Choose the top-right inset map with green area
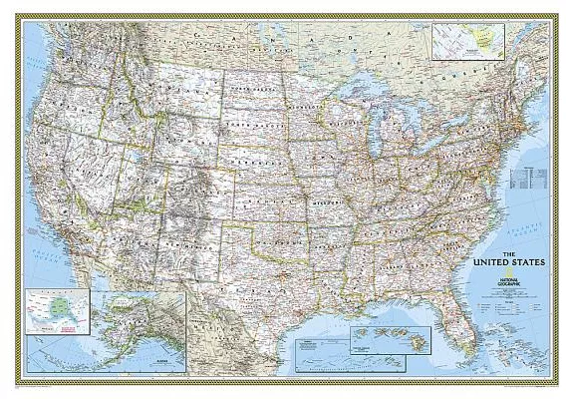click(468, 42)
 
